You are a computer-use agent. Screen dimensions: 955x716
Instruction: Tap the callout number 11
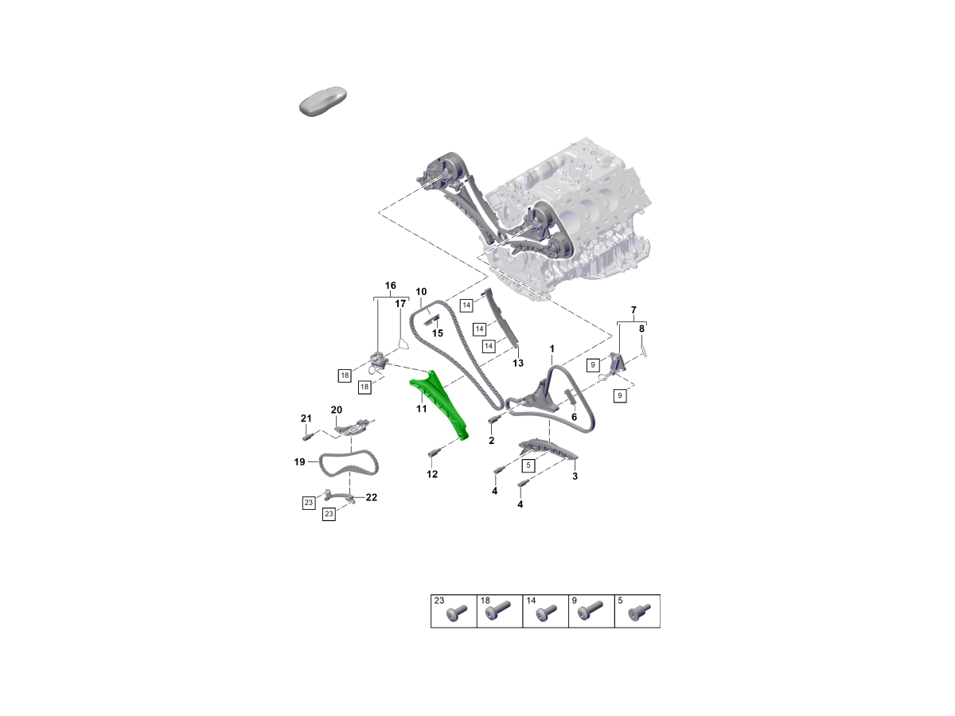[421, 409]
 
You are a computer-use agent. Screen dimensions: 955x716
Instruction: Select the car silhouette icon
[323, 101]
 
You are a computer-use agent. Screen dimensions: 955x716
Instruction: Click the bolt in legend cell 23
[456, 613]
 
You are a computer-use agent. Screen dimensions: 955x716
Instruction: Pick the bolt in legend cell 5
[640, 612]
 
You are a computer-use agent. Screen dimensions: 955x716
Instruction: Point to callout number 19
[299, 462]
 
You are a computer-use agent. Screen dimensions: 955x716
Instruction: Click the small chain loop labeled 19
[349, 464]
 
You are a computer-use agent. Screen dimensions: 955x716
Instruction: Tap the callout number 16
[390, 286]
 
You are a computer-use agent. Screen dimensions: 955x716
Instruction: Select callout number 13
[518, 363]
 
